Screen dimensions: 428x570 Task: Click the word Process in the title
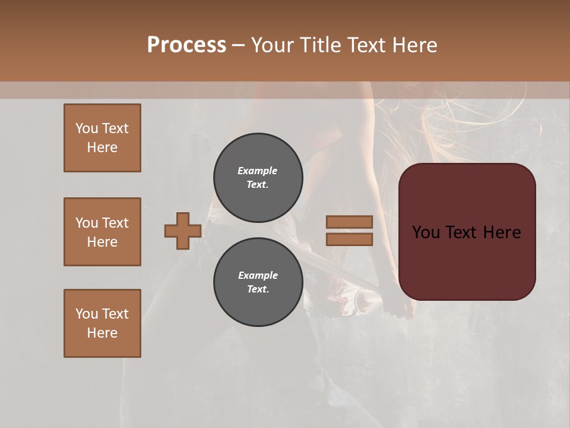pyautogui.click(x=186, y=45)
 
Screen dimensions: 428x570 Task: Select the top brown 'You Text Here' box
pyautogui.click(x=102, y=138)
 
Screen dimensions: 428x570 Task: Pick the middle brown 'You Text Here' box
pyautogui.click(x=102, y=232)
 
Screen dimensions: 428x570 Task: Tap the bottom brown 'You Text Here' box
pyautogui.click(x=102, y=323)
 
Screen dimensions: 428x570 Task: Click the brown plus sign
pyautogui.click(x=183, y=231)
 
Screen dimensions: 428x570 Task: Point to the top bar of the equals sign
pyautogui.click(x=349, y=222)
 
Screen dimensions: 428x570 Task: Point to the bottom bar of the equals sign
pyautogui.click(x=349, y=239)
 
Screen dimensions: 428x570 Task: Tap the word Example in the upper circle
pyautogui.click(x=257, y=171)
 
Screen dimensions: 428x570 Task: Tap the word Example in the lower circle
pyautogui.click(x=258, y=275)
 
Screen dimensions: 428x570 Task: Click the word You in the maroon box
pyautogui.click(x=426, y=232)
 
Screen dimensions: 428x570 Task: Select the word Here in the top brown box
pyautogui.click(x=102, y=147)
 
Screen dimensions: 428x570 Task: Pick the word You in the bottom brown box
pyautogui.click(x=87, y=314)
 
